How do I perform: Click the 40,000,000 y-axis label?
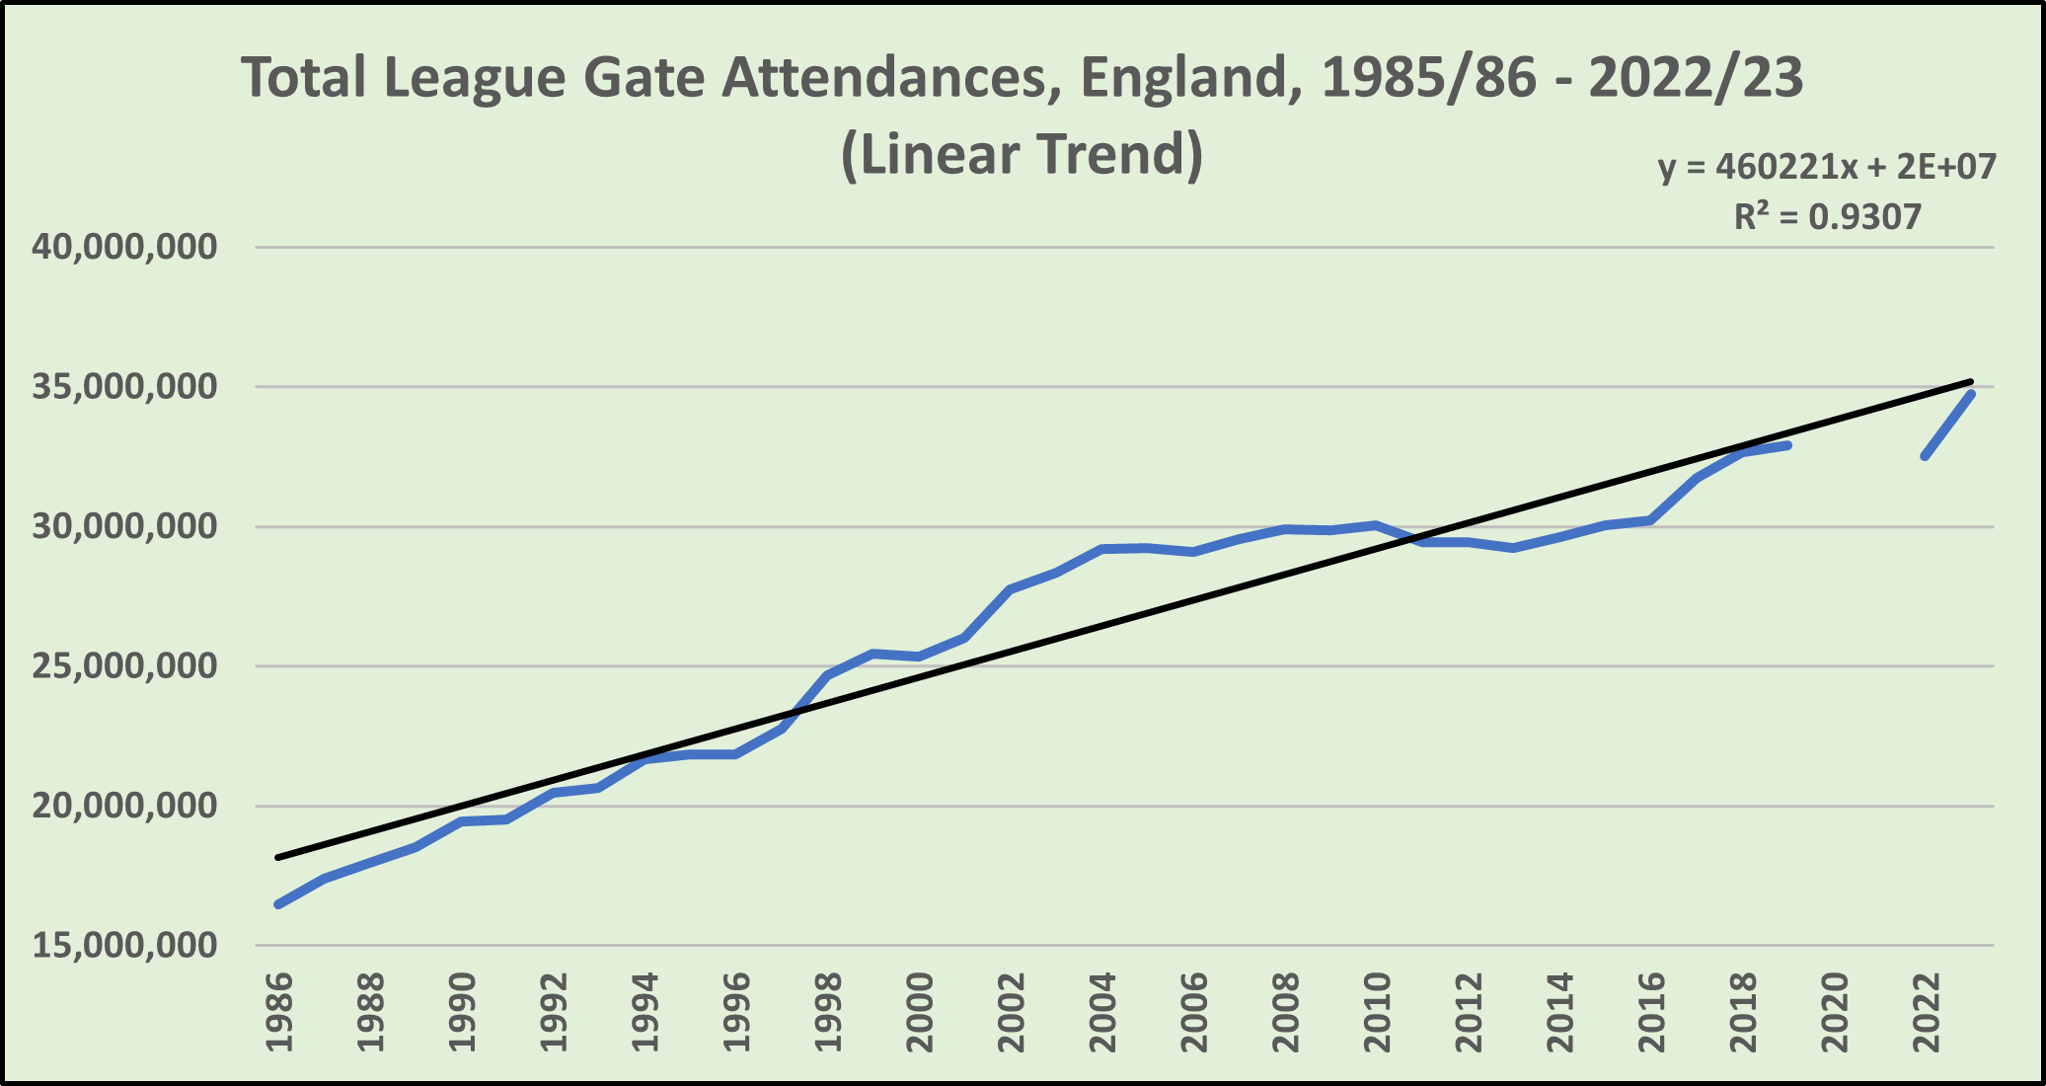124,247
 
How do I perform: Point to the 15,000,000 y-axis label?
124,946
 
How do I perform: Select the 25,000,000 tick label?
124,666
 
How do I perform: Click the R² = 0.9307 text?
1828,216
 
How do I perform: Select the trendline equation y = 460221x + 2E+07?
1827,166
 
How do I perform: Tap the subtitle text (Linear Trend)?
1022,154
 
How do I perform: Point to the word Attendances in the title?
883,77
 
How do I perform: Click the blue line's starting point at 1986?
279,904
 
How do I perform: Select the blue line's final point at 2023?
1971,394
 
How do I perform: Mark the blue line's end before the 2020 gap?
1787,445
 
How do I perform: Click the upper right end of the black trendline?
1971,381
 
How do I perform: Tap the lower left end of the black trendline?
278,857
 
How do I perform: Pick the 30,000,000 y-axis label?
124,526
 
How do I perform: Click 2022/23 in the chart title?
1696,77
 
